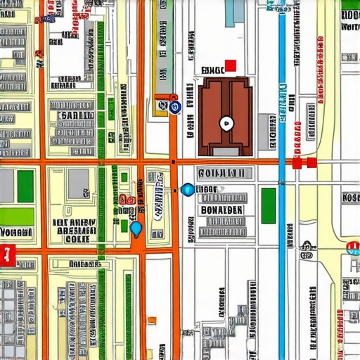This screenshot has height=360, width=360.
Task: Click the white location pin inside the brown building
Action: (225, 124)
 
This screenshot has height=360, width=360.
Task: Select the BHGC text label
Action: (212, 70)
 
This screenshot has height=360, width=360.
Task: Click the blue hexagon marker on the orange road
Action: (187, 189)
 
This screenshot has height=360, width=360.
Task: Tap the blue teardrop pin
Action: (136, 228)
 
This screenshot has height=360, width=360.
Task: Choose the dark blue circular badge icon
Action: (175, 107)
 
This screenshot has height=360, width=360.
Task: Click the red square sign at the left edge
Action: (8, 254)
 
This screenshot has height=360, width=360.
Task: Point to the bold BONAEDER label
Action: (221, 210)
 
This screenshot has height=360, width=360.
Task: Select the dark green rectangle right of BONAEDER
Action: (269, 205)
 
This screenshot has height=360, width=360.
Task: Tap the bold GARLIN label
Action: (76, 115)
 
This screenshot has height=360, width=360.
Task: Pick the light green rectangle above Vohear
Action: (17, 216)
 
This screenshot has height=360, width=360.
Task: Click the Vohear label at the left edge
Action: (15, 232)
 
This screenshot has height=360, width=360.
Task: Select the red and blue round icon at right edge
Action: (353, 247)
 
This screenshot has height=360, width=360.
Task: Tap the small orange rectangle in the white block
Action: (152, 321)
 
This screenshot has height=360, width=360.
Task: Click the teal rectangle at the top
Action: (235, 13)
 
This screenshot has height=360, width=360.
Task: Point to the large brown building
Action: (225, 116)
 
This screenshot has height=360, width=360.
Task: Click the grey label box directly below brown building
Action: (221, 173)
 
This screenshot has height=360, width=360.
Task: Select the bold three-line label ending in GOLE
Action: (74, 231)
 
